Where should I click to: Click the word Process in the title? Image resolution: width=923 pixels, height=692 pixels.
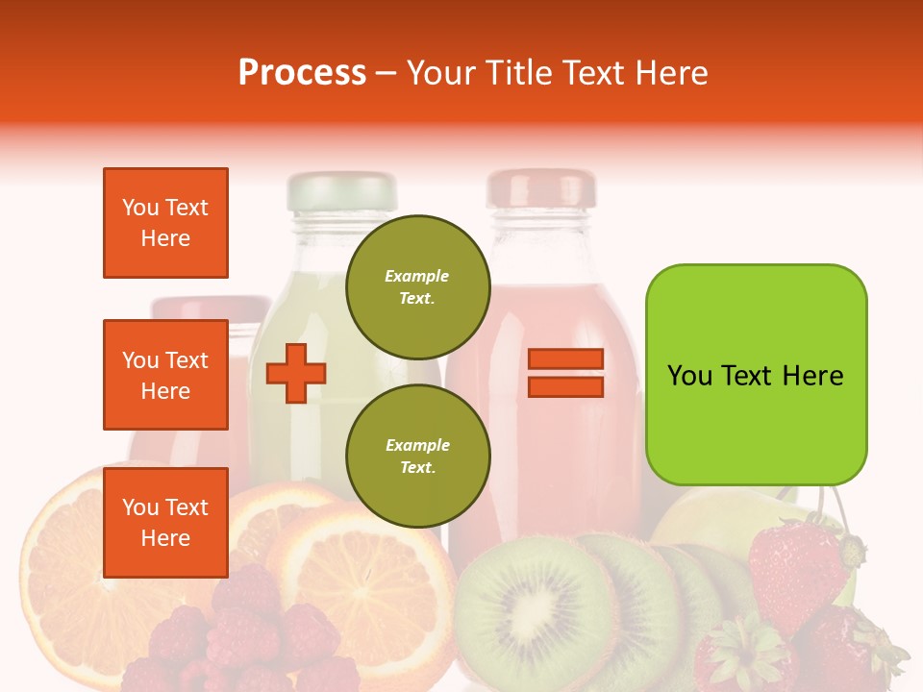302,73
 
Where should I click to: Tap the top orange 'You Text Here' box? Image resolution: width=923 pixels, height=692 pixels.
165,223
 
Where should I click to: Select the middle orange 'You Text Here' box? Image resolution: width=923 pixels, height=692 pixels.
165,375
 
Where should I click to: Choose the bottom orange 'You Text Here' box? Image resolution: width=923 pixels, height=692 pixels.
165,522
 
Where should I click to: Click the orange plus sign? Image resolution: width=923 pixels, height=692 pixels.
296,373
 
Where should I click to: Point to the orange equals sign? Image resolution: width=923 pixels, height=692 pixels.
565,373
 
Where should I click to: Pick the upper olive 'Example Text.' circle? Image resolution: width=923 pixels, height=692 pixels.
417,286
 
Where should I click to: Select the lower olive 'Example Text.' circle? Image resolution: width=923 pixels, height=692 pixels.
417,456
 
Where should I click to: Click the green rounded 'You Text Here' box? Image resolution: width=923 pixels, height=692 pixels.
756,375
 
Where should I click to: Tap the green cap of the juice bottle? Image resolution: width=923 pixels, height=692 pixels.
341,190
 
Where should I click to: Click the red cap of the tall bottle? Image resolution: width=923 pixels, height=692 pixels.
540,188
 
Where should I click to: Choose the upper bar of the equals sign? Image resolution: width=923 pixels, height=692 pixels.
565,359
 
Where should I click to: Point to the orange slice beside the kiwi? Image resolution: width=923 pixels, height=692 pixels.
365,577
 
